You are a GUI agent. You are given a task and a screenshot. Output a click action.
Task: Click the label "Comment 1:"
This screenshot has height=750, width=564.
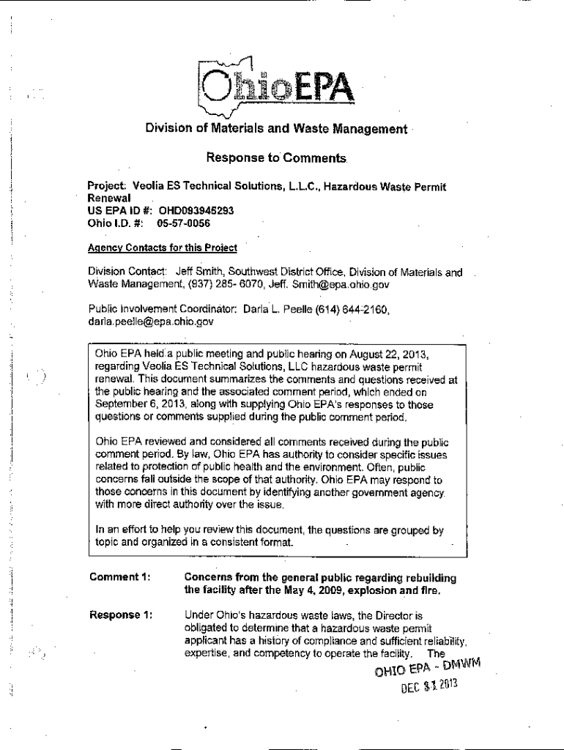coord(120,576)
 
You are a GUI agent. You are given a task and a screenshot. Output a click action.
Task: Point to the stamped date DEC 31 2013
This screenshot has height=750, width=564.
coord(429,688)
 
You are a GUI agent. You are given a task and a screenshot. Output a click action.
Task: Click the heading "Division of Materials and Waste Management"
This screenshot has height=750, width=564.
coord(275,130)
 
